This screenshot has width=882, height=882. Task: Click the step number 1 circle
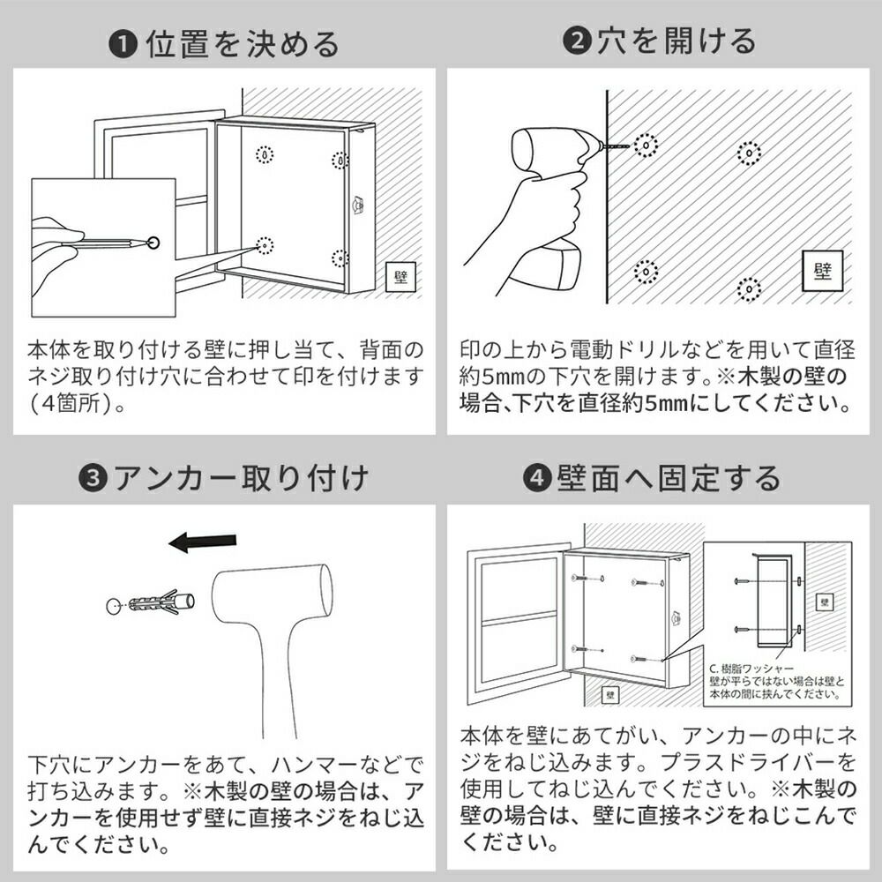pos(123,45)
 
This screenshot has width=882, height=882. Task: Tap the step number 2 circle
pos(577,41)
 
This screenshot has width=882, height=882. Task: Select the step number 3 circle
pos(93,479)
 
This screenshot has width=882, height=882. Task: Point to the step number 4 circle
pos(537,478)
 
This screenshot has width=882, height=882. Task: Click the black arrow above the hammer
pos(203,542)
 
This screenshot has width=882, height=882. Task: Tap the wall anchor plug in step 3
pos(161,602)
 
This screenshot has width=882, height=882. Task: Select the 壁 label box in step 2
pos(822,271)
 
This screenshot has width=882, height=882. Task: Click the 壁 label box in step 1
pos(400,276)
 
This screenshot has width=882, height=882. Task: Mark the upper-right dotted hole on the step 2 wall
pos(749,153)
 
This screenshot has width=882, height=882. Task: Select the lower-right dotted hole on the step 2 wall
pos(749,289)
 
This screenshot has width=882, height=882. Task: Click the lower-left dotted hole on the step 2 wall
pos(647,273)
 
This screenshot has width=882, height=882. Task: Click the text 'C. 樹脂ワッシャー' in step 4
pos(751,669)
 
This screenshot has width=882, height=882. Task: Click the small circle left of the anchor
pos(114,606)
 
